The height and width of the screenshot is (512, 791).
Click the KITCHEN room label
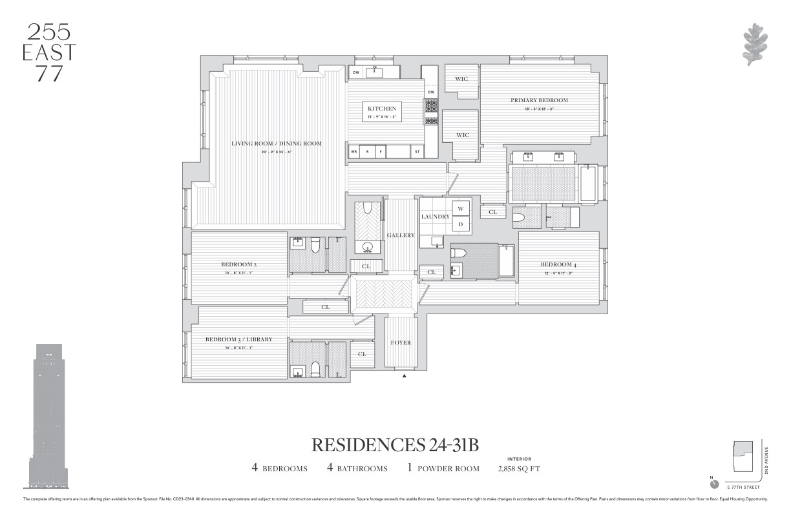pyautogui.click(x=382, y=109)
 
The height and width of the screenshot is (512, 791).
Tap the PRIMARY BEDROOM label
pyautogui.click(x=539, y=100)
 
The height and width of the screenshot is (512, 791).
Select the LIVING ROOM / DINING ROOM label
pyautogui.click(x=276, y=144)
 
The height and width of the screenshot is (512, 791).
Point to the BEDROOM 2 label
pyautogui.click(x=239, y=264)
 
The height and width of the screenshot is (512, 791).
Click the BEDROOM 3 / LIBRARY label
pyautogui.click(x=238, y=339)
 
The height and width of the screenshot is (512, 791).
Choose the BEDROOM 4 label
pyautogui.click(x=558, y=264)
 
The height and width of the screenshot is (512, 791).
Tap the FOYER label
pyautogui.click(x=401, y=343)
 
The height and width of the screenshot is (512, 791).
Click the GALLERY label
pyautogui.click(x=401, y=235)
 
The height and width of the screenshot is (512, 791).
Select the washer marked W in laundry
pyautogui.click(x=461, y=208)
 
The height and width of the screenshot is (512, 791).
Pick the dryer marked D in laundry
pyautogui.click(x=461, y=224)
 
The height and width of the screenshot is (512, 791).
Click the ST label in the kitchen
pyautogui.click(x=417, y=152)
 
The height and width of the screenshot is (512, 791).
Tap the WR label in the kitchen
pyautogui.click(x=353, y=152)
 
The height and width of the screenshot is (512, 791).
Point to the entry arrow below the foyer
pyautogui.click(x=405, y=375)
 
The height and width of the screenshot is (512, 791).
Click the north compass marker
pyautogui.click(x=713, y=482)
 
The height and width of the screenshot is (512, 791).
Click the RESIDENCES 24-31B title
pyautogui.click(x=397, y=445)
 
